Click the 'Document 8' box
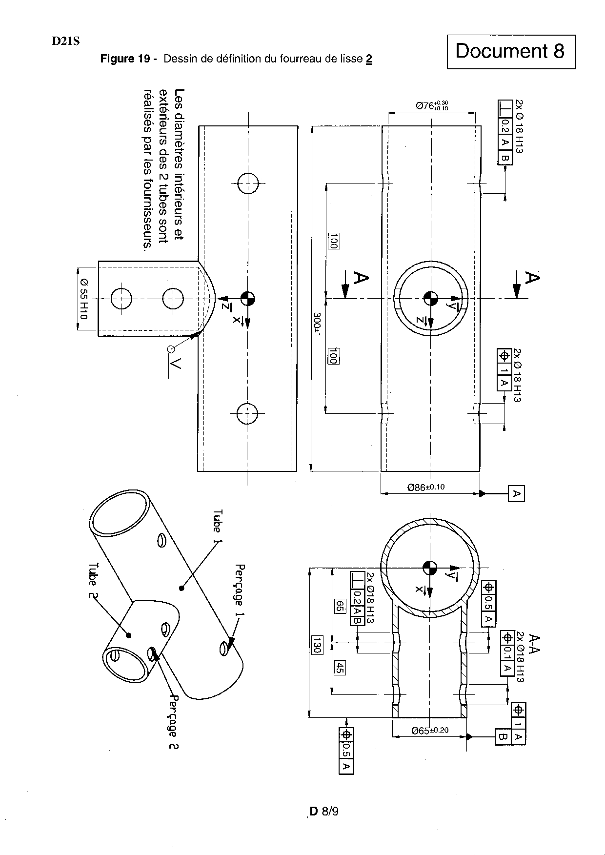[x=511, y=51]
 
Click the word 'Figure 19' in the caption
[x=124, y=60]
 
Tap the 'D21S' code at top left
[x=66, y=41]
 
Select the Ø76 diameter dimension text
[x=432, y=105]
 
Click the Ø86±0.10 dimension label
[x=426, y=487]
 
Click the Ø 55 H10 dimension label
[x=83, y=299]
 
